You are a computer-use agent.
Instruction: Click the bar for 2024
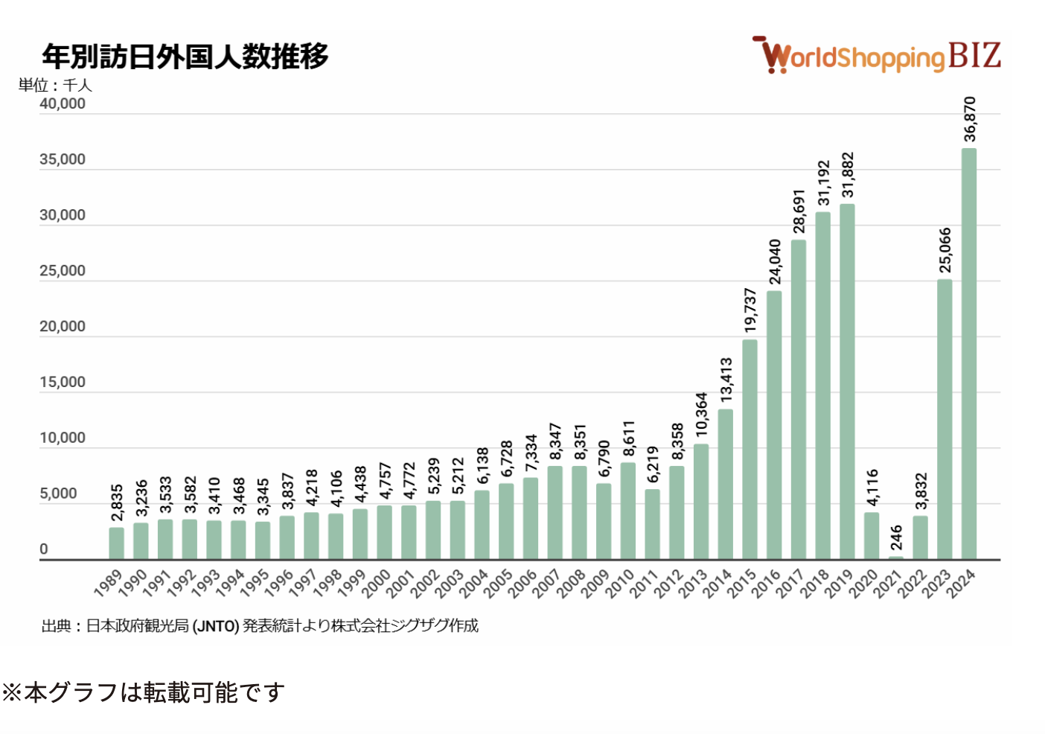click(968, 354)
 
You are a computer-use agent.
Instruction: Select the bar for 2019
click(847, 381)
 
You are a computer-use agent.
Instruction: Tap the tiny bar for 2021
click(895, 557)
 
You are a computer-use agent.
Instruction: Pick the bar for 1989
click(116, 543)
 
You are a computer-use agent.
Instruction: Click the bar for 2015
click(750, 449)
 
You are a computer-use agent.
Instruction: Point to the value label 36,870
click(969, 119)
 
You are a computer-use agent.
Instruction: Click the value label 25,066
click(945, 250)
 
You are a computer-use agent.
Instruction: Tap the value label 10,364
click(701, 415)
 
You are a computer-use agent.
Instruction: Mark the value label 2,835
click(117, 503)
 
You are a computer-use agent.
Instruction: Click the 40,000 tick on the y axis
click(63, 103)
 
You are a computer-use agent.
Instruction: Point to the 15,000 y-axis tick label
click(63, 382)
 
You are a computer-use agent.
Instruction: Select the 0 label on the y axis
click(44, 549)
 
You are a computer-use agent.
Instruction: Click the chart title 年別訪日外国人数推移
click(185, 56)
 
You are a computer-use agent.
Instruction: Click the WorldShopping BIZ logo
click(876, 55)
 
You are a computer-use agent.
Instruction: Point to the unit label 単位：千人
click(55, 85)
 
